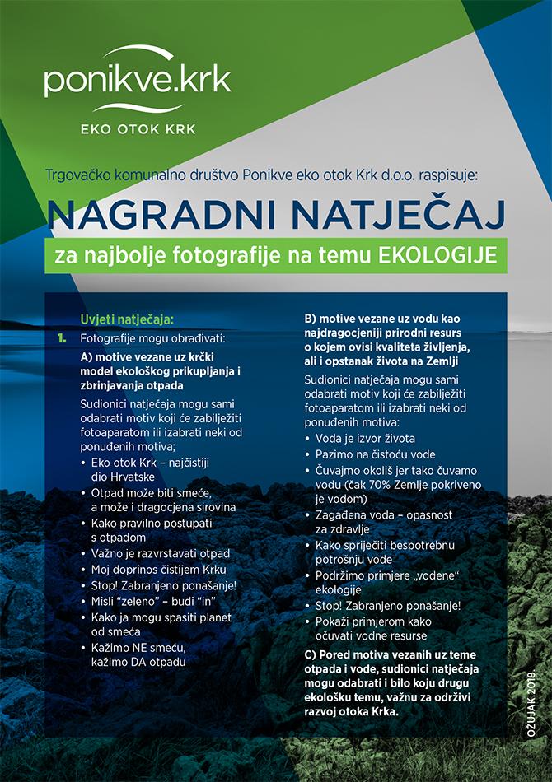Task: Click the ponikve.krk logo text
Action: tap(137, 82)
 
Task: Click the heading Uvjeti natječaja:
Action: tap(128, 319)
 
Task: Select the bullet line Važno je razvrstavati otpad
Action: tap(161, 553)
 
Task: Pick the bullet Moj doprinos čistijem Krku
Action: tap(160, 570)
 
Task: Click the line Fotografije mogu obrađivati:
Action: tap(141, 337)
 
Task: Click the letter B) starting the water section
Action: tap(310, 318)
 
